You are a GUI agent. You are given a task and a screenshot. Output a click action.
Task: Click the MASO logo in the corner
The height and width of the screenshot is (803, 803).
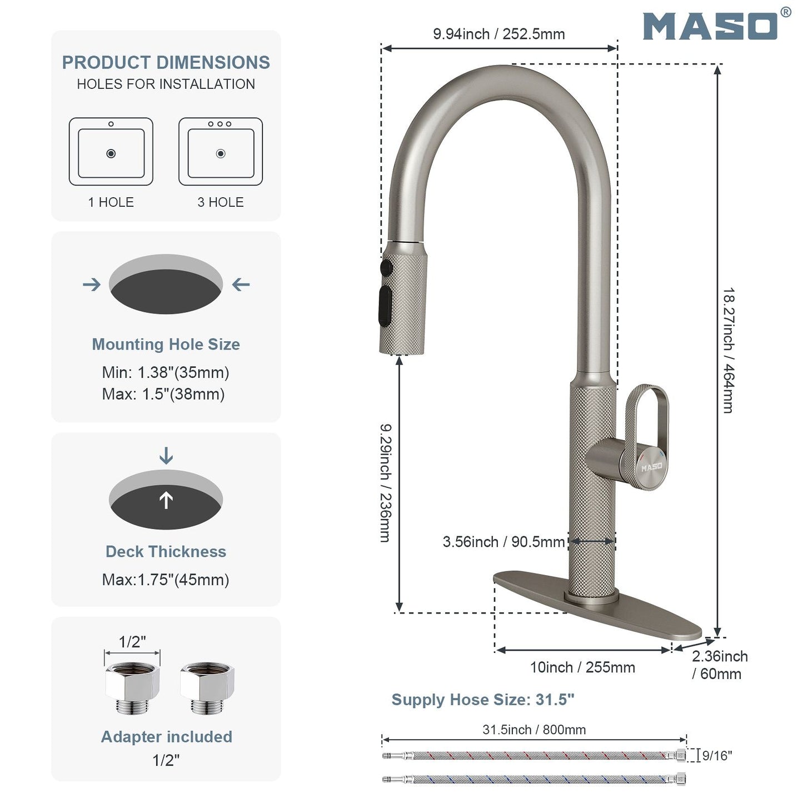(x=711, y=26)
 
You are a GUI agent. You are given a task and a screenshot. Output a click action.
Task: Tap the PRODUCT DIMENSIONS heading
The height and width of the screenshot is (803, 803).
(x=166, y=62)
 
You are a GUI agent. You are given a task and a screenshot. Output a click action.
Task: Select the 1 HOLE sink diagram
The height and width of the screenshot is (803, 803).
(x=111, y=151)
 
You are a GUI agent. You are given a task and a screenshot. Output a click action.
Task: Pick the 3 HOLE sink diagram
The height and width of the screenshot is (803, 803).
(x=221, y=151)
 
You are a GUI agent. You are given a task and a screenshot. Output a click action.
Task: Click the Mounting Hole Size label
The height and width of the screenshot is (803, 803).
(x=166, y=344)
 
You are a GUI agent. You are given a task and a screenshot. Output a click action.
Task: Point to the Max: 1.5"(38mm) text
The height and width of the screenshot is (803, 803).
(x=163, y=394)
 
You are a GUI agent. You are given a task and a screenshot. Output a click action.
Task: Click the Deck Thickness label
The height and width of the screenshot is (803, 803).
(x=166, y=551)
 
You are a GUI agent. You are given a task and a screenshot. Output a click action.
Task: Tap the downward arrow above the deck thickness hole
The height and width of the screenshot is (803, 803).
(x=166, y=456)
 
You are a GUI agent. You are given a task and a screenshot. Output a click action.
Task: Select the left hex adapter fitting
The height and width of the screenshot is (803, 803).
(x=132, y=689)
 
